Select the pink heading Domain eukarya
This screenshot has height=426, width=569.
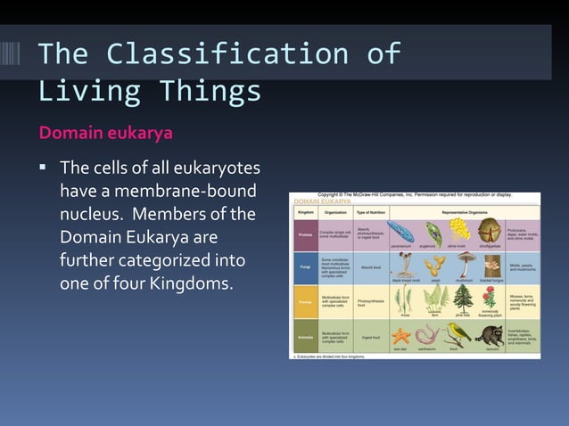[x=104, y=133]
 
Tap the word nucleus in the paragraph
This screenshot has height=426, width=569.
[x=94, y=215]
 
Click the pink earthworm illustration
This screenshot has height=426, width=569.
[x=429, y=336]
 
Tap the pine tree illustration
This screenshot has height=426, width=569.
[x=463, y=297]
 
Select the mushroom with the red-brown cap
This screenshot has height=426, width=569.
[x=465, y=263]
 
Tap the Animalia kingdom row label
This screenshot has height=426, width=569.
[x=304, y=338]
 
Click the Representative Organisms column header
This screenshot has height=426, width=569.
[x=456, y=212]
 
